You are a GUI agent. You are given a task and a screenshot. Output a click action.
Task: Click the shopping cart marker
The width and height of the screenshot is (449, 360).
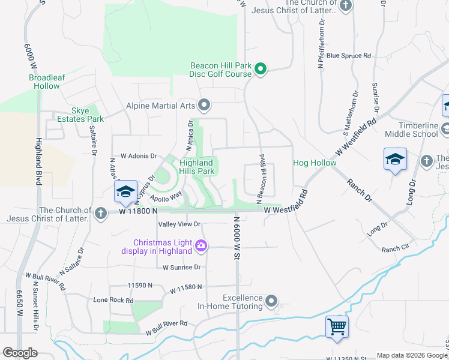[337, 326]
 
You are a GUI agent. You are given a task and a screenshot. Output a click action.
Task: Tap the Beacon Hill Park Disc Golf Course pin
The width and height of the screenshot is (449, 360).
[261, 70]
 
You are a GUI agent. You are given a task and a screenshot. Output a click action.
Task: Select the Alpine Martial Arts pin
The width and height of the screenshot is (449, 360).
[204, 106]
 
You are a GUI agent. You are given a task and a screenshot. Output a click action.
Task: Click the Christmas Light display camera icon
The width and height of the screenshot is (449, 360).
[201, 246]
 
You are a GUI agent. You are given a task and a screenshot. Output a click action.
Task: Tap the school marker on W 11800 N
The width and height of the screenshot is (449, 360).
[125, 191]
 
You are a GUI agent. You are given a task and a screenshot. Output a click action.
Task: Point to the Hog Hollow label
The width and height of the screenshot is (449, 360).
[314, 163]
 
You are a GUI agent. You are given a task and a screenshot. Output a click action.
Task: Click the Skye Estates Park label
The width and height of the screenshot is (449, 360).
[88, 115]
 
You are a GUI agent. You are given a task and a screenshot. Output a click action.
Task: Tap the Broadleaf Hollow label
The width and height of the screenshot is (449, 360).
[44, 82]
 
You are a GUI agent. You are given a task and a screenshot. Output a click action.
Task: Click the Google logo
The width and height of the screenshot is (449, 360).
[20, 353]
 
